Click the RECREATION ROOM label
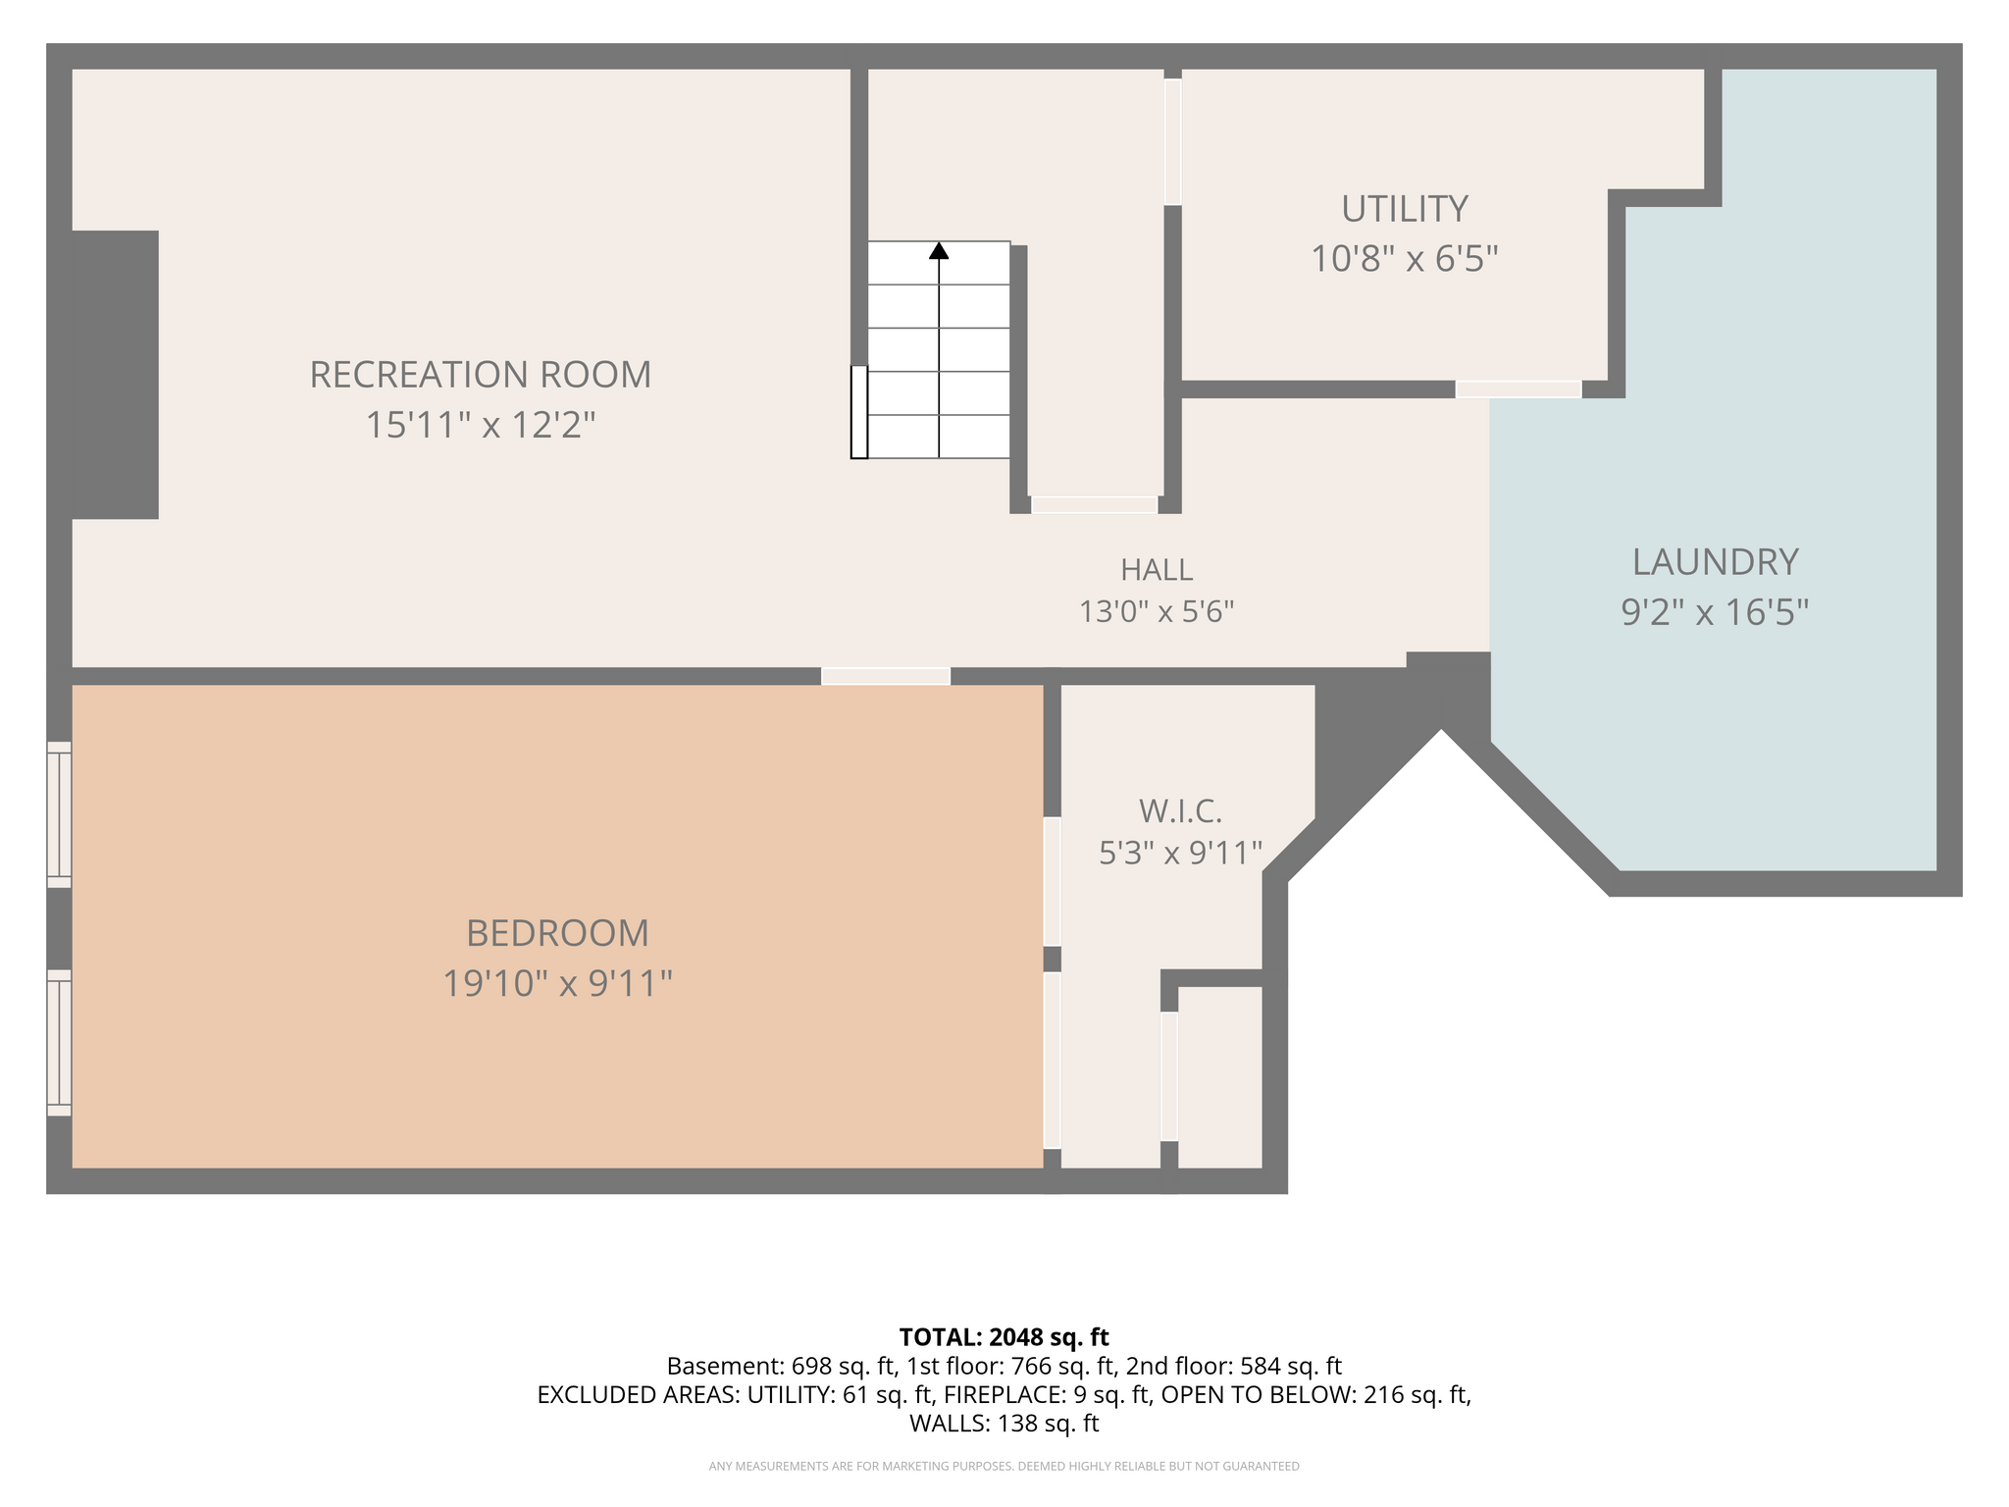481,375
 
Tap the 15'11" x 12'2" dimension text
481,426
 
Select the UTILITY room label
1405,209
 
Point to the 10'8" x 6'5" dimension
1405,260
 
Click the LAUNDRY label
1715,562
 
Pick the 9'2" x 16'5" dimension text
1715,613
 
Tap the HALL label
1157,570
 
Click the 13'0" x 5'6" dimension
1157,612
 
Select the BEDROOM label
557,933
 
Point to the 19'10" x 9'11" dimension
557,984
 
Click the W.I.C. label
1180,811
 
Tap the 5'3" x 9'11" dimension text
1180,854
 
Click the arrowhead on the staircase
939,250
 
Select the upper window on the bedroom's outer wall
60,814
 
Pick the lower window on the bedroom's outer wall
60,1043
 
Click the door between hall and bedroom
886,676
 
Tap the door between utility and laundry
1519,390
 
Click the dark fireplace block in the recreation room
115,375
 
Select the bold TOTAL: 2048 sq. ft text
1004,1337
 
